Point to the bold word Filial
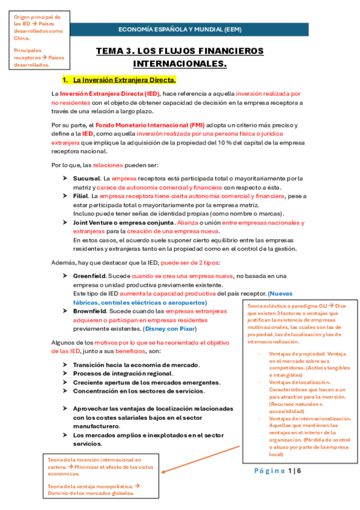(81, 196)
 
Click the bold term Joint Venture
(99, 223)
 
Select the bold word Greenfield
(90, 275)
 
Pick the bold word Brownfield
(91, 311)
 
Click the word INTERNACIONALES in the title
(180, 64)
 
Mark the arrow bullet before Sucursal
(65, 179)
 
